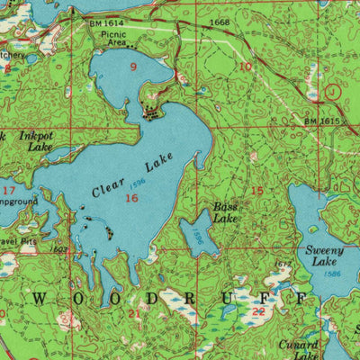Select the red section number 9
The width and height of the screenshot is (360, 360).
(133, 67)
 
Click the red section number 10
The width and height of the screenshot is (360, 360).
(245, 67)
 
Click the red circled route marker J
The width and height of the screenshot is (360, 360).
(335, 91)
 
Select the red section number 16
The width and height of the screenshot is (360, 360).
(132, 197)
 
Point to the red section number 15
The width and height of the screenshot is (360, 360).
(257, 191)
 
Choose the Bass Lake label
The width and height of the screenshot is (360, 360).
(225, 212)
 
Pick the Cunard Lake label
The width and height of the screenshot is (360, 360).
(300, 349)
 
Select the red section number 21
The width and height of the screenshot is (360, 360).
(135, 312)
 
